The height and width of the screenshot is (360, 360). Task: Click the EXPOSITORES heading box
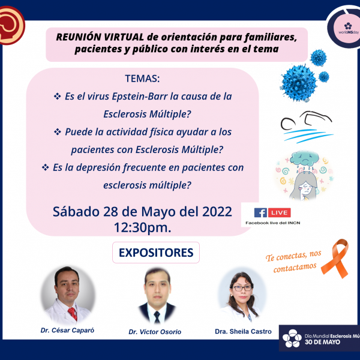(x=156, y=253)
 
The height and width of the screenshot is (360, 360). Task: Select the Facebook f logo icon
(x=260, y=213)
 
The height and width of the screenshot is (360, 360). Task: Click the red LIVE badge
(x=280, y=212)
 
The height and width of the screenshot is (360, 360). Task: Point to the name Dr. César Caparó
(x=67, y=330)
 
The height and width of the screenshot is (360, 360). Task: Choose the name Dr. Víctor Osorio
(x=155, y=332)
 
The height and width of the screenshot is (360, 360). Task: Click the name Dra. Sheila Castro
(x=243, y=332)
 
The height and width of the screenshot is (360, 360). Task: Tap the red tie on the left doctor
(x=73, y=313)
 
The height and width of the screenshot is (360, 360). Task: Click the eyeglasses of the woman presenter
(x=242, y=289)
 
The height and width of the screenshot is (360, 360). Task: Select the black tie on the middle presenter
(x=157, y=317)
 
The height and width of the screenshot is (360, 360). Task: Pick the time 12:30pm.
(x=143, y=227)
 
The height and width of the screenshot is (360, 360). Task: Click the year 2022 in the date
(x=217, y=211)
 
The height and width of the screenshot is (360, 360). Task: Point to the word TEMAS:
(x=142, y=79)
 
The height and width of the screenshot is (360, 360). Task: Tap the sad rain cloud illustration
(x=304, y=159)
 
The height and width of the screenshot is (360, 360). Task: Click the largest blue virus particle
(x=299, y=83)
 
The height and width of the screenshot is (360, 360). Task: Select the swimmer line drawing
(x=307, y=127)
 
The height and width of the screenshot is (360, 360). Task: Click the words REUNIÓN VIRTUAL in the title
(x=100, y=37)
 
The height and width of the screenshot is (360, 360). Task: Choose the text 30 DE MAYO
(x=322, y=342)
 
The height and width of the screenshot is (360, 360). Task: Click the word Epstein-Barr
(x=140, y=97)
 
